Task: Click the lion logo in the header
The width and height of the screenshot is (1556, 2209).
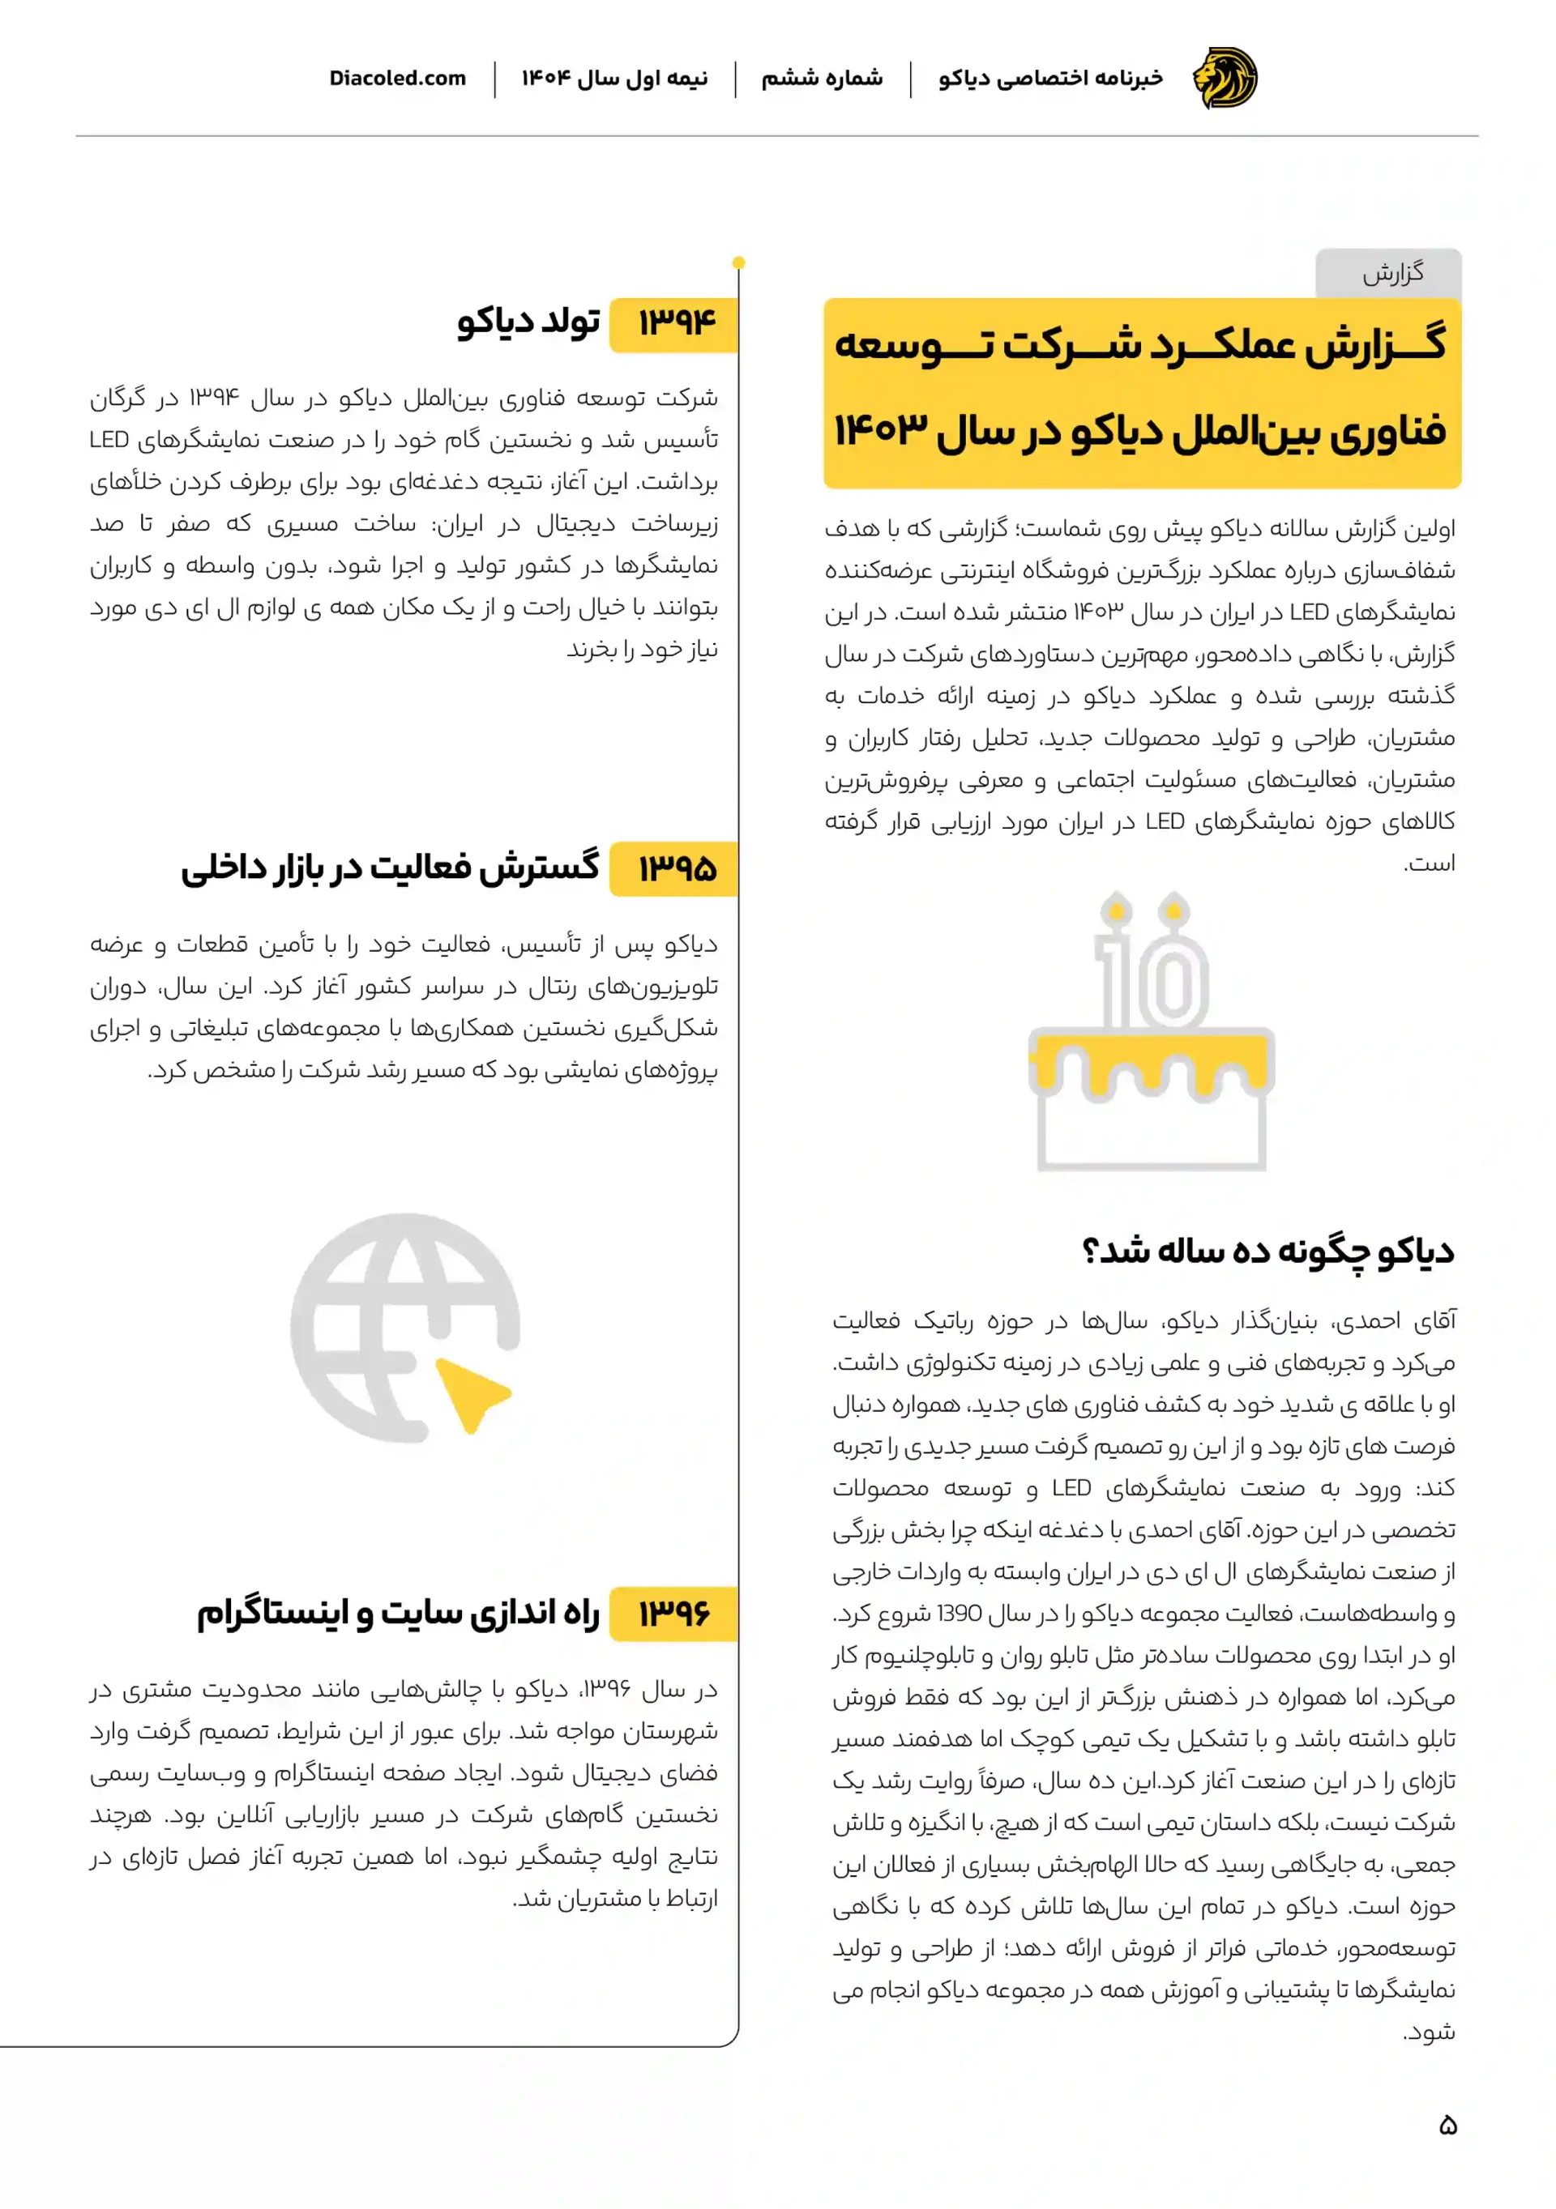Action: (1224, 78)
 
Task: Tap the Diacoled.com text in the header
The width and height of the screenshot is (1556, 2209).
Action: (397, 79)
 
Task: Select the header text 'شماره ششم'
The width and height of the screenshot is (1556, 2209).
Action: (822, 79)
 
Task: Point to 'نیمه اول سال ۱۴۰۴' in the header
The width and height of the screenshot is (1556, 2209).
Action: (615, 79)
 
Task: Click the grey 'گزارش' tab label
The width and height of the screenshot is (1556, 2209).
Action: (1391, 274)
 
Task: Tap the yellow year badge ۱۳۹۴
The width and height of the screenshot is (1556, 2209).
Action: (676, 323)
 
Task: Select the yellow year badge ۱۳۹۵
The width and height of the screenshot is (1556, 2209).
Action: (676, 870)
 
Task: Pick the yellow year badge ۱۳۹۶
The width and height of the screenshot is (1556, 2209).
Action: (676, 1614)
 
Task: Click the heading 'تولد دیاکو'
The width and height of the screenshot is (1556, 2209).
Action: (528, 322)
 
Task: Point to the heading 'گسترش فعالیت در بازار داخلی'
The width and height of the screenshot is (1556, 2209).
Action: (390, 868)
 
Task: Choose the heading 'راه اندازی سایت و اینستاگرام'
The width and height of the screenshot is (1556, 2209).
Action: (399, 1614)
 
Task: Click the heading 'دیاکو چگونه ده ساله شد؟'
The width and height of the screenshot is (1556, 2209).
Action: (1267, 1251)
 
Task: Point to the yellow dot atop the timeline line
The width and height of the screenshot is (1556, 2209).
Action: (738, 262)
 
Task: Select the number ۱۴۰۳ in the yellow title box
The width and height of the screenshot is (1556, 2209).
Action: (880, 429)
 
